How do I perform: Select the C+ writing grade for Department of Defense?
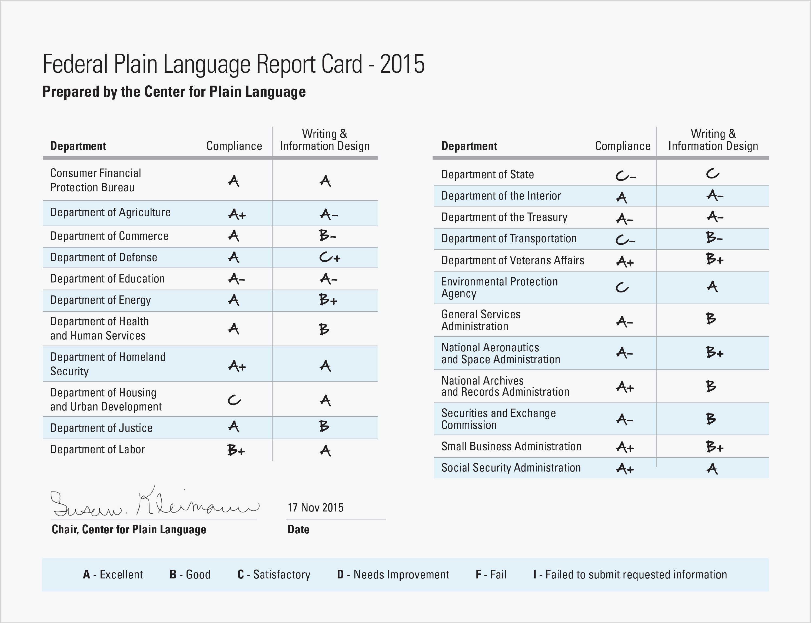coord(330,257)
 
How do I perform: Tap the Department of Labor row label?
coord(98,449)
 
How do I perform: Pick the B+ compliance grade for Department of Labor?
coord(236,450)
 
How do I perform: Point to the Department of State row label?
coord(487,174)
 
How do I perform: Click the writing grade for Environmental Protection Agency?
coord(712,286)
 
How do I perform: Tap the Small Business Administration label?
coord(511,446)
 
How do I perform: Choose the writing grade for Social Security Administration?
coord(712,469)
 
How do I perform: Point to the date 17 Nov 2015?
coord(315,507)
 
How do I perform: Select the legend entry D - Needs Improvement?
coord(393,574)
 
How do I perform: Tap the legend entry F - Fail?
coord(491,574)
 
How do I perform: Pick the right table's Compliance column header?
coord(623,146)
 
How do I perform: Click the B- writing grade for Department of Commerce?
coord(327,235)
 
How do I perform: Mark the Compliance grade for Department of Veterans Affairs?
coord(625,262)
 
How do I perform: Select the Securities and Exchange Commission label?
coord(498,419)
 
